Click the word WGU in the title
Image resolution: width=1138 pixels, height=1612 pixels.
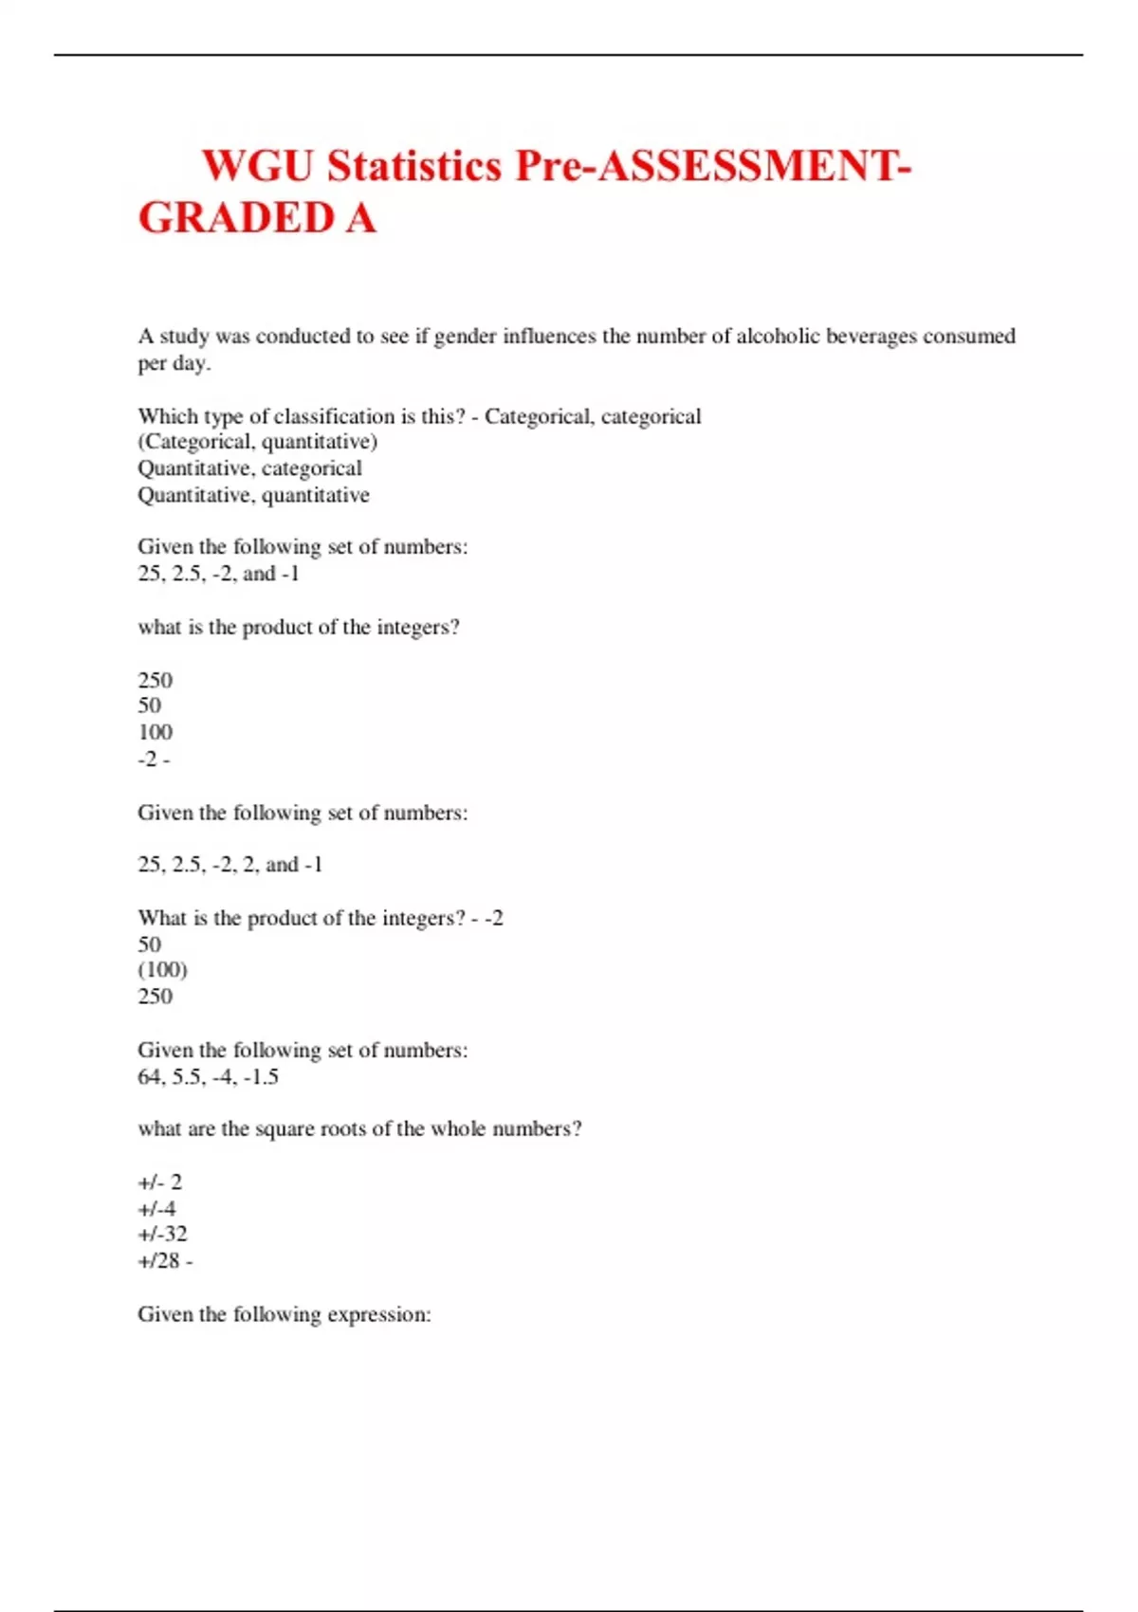click(257, 166)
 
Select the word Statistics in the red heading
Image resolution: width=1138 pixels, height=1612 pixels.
click(414, 166)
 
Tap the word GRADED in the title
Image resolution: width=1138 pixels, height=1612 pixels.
click(236, 218)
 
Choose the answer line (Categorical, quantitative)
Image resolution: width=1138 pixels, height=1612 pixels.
click(257, 442)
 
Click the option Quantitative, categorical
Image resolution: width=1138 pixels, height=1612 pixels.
click(249, 468)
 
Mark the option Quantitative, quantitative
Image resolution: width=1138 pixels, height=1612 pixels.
click(253, 495)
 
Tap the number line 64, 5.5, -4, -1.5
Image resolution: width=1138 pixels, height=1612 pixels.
click(208, 1077)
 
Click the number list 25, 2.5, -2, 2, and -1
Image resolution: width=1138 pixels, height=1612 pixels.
click(229, 865)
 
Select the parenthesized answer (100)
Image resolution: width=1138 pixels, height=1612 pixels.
click(162, 970)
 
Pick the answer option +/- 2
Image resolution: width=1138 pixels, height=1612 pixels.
click(159, 1182)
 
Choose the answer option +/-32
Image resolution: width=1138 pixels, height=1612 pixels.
click(162, 1235)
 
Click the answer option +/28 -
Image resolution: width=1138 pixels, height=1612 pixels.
click(165, 1261)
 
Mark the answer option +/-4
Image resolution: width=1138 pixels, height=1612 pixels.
click(156, 1209)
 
